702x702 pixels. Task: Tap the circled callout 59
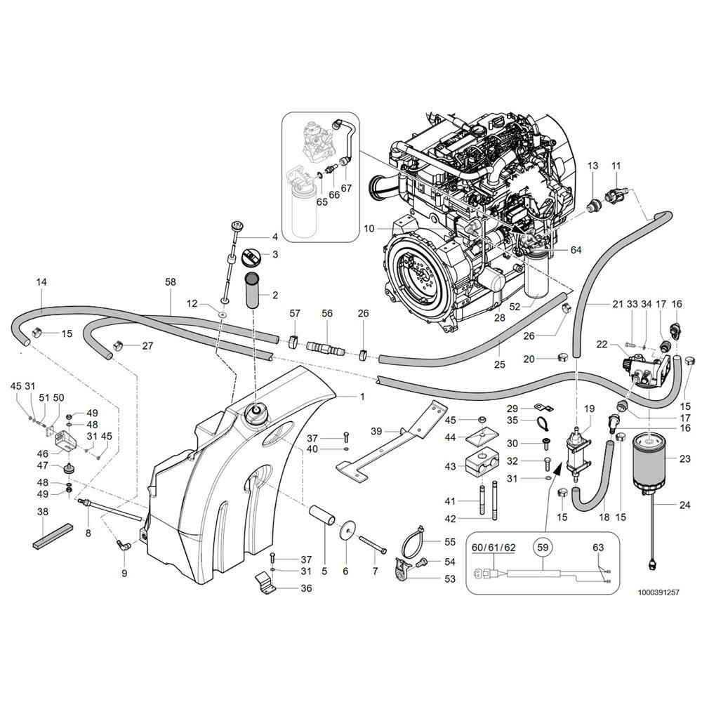click(x=541, y=545)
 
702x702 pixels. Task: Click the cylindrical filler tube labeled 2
click(x=253, y=293)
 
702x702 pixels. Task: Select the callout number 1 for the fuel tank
click(x=362, y=397)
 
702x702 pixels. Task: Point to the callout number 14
click(x=41, y=282)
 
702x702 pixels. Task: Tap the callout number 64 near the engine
click(x=576, y=250)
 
